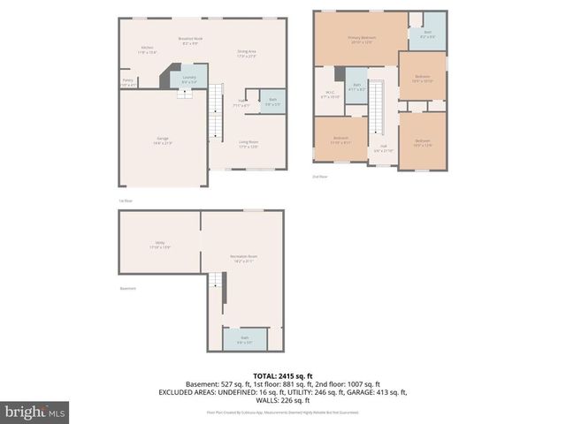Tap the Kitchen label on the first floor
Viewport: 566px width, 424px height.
pos(148,49)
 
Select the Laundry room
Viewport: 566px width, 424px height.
pos(189,79)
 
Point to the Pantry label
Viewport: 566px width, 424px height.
pos(128,84)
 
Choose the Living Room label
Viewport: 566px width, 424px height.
pos(248,144)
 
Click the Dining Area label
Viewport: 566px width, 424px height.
pos(247,54)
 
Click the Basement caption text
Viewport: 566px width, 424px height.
pos(128,289)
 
